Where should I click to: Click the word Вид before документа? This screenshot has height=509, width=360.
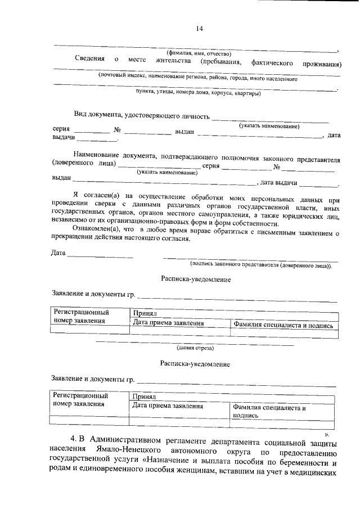tap(82, 116)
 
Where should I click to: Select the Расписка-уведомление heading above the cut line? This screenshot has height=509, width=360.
tap(195, 280)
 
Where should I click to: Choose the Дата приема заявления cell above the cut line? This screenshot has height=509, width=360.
tap(168, 323)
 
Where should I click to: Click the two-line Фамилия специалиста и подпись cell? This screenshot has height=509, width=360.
tap(269, 411)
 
